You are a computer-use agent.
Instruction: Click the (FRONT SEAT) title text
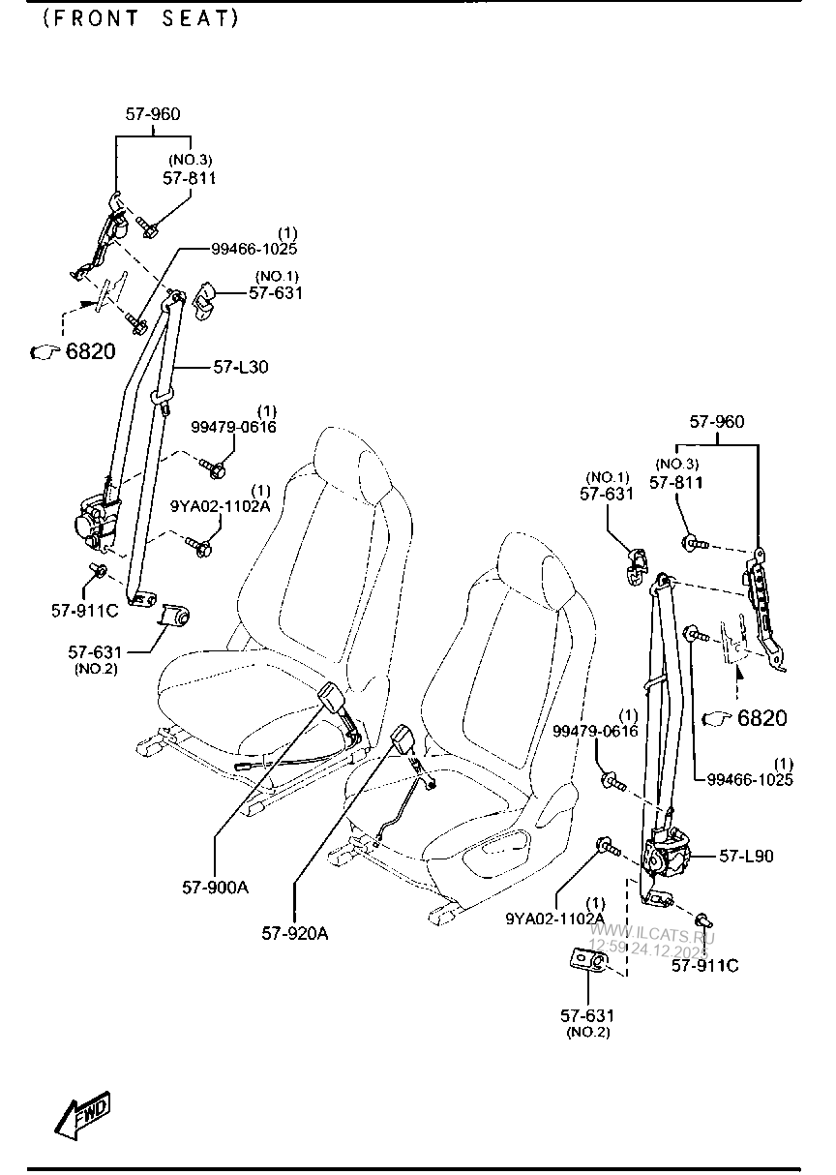pos(140,18)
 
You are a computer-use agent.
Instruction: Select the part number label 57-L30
pos(241,367)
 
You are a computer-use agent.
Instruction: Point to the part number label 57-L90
pos(746,856)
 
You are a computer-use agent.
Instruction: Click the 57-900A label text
pos(215,886)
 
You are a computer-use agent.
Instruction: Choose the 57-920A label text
pos(294,933)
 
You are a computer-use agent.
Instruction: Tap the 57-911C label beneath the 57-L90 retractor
pos(704,964)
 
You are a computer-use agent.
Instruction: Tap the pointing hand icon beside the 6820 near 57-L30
pos(45,352)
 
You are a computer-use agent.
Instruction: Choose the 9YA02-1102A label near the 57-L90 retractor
pos(554,918)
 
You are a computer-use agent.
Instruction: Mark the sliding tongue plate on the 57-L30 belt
pos(162,398)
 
